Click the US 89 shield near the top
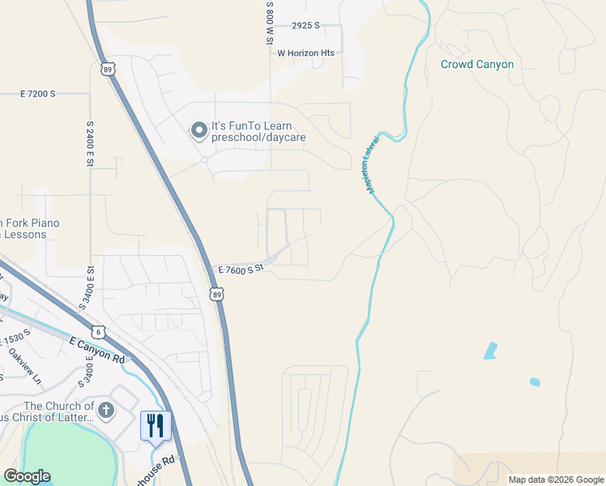tap(108, 69)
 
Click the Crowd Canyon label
tap(476, 64)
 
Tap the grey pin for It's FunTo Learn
tap(198, 130)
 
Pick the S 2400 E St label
tap(89, 146)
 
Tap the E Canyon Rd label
tap(97, 350)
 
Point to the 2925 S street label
tap(306, 26)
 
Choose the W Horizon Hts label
tap(305, 53)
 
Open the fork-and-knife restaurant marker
tap(156, 425)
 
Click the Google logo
tap(27, 476)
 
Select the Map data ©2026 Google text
tap(556, 480)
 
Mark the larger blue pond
tap(490, 351)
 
